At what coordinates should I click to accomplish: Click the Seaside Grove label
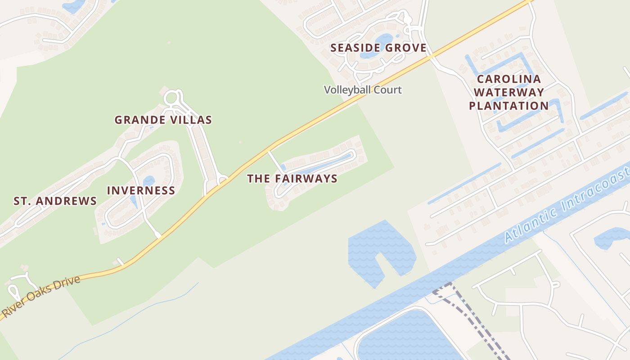(x=378, y=48)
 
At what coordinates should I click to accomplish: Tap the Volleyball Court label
(x=363, y=90)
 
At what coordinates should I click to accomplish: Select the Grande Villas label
(x=163, y=120)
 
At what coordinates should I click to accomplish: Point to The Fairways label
(x=292, y=179)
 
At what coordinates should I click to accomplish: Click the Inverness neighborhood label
(x=141, y=190)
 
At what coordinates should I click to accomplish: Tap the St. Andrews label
(x=55, y=201)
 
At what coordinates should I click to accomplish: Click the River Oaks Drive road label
(x=41, y=297)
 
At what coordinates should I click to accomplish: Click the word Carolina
(x=508, y=79)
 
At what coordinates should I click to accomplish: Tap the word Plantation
(x=508, y=106)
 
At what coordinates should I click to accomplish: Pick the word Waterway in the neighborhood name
(x=508, y=93)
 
